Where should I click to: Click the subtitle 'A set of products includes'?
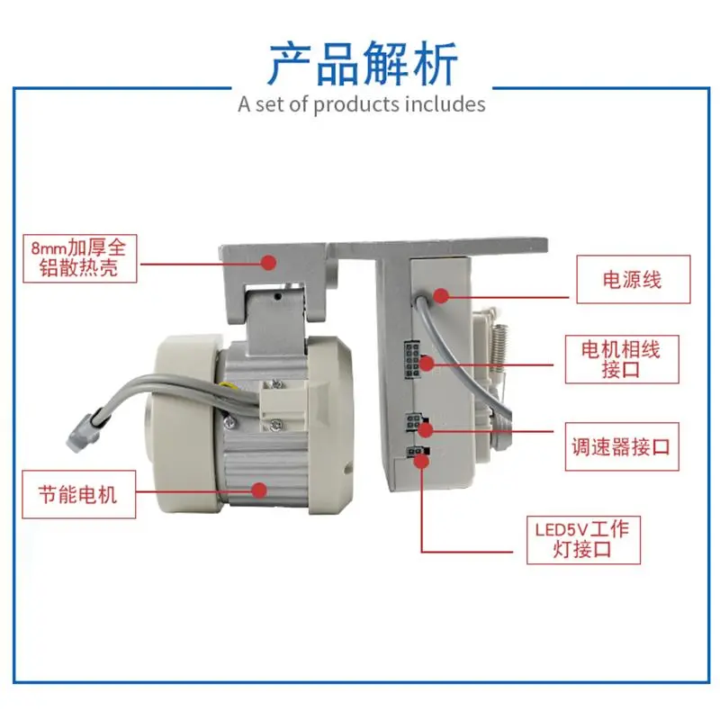(x=362, y=103)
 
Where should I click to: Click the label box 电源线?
(x=631, y=280)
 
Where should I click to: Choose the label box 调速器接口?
(x=622, y=446)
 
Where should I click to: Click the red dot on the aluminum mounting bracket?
(x=267, y=262)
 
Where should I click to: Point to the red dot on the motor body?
(x=259, y=490)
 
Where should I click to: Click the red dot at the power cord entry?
(x=441, y=295)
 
